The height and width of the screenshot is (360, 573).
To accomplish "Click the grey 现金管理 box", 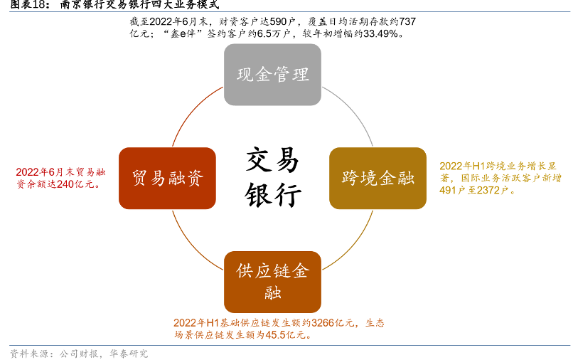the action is tap(272, 75).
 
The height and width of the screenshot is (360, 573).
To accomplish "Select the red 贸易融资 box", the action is tap(167, 178).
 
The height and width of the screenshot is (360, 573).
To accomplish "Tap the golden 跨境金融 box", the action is tap(377, 178).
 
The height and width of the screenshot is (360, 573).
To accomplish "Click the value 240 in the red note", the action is tap(66, 184).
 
